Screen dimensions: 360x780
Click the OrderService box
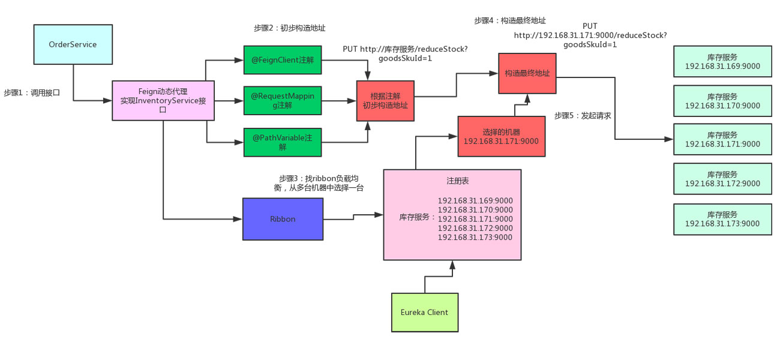coord(73,44)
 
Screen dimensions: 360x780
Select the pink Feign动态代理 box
coord(163,101)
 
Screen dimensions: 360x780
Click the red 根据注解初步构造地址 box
coord(385,100)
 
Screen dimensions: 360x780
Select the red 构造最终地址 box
coord(527,73)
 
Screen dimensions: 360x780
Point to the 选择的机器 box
coord(501,136)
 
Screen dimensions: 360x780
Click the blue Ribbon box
coord(283,219)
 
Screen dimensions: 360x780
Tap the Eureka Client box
coord(424,312)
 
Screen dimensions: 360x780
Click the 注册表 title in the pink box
coord(452,180)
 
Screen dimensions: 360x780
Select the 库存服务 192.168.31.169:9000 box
coord(722,61)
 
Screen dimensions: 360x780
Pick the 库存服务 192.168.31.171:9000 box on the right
coord(722,140)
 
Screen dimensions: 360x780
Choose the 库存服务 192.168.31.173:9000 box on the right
coord(722,219)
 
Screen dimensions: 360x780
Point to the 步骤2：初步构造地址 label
coord(289,28)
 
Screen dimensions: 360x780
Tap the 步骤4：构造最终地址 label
coord(509,20)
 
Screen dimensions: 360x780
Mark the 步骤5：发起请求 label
coord(582,115)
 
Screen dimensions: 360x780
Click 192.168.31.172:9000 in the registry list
coord(475,228)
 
